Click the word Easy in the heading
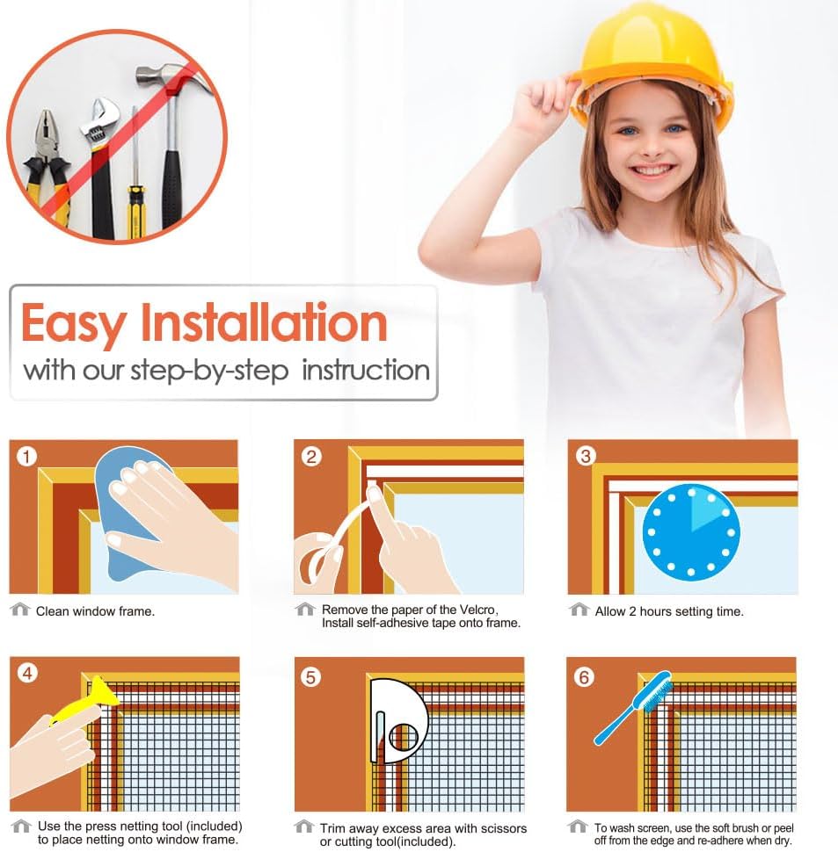click(x=74, y=324)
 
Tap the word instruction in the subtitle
click(x=366, y=370)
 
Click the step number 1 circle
click(x=26, y=457)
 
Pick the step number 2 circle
click(x=311, y=457)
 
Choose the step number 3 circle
click(x=586, y=456)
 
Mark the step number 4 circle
click(x=27, y=674)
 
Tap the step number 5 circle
click(x=311, y=677)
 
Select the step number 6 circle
click(x=584, y=677)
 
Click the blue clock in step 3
click(x=691, y=531)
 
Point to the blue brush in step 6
click(x=633, y=707)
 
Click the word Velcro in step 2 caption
click(x=477, y=610)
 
